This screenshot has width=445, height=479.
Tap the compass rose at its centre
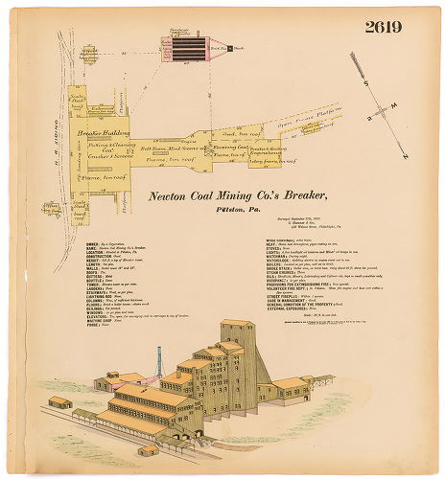(382, 108)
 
